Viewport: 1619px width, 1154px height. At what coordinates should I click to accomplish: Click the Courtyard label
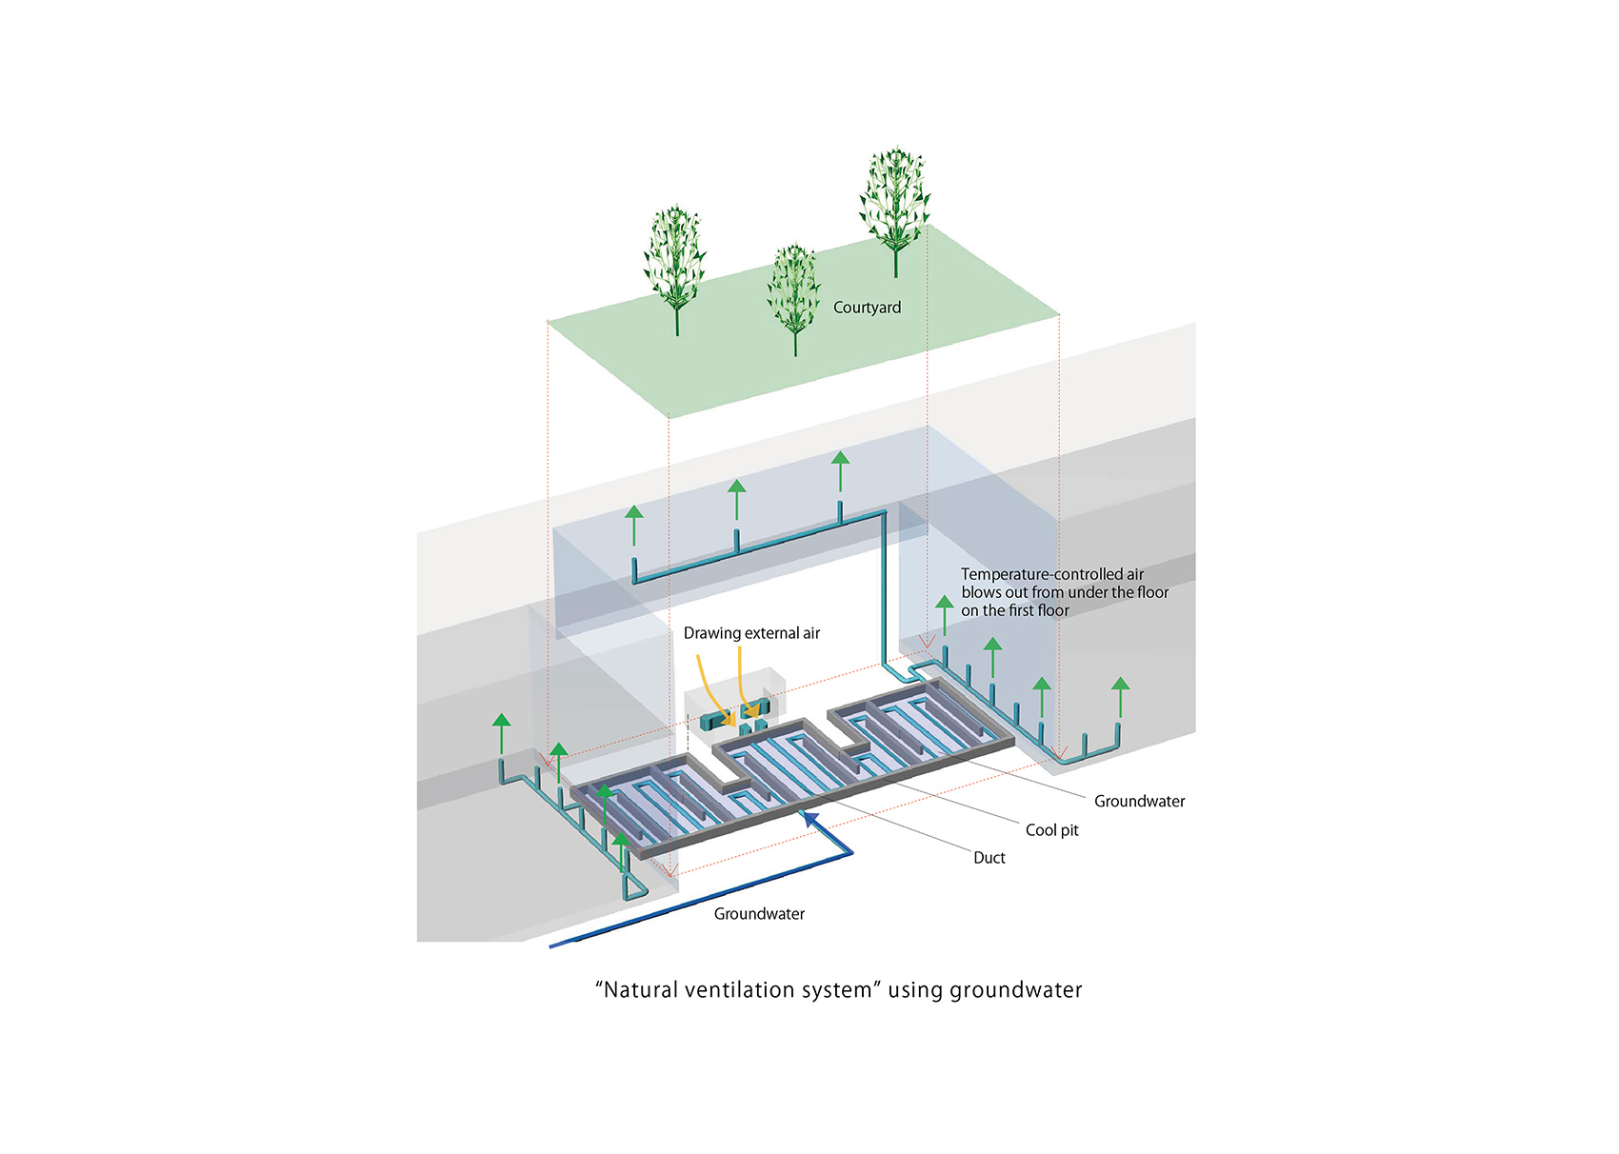[867, 308]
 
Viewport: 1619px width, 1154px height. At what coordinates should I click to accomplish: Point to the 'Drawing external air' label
[751, 633]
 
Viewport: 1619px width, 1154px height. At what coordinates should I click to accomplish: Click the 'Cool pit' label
[1051, 830]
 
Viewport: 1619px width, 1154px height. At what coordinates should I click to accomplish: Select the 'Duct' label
[989, 858]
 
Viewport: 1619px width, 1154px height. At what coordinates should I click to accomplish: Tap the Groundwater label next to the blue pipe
[759, 914]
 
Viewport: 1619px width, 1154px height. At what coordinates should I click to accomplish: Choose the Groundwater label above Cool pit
[1139, 802]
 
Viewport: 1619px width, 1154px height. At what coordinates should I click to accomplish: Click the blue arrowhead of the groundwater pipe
[809, 817]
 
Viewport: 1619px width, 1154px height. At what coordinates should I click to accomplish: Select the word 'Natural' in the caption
[643, 990]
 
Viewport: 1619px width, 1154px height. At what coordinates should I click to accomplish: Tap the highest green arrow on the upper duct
[840, 461]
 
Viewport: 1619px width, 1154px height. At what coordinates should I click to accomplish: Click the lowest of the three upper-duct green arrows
[634, 515]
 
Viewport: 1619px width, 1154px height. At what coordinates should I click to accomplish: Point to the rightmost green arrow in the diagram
[1121, 686]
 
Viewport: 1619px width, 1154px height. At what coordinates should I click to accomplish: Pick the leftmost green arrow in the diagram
[502, 722]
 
